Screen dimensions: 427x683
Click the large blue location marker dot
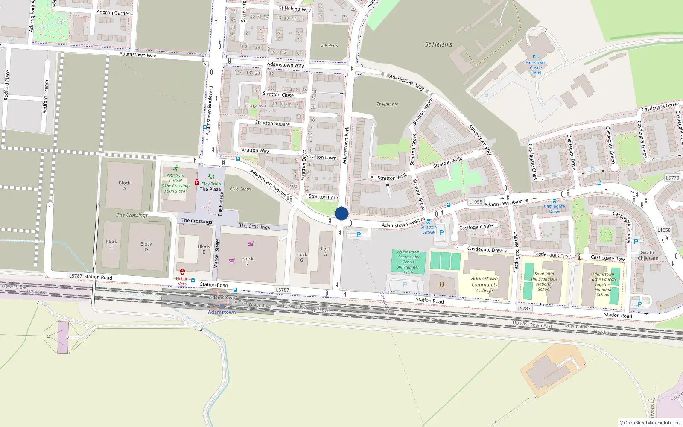[341, 213]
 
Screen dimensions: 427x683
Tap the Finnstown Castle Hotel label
[536, 68]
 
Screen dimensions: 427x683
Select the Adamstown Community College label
[485, 284]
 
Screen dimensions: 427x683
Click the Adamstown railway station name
[222, 312]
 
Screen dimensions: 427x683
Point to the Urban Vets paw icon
[182, 272]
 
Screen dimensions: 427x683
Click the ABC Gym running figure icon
[175, 169]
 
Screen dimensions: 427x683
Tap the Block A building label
[125, 186]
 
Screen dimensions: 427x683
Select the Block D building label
[146, 246]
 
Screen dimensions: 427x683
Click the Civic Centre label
[241, 189]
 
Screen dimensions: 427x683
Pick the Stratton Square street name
[272, 123]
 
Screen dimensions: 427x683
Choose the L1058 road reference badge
[476, 202]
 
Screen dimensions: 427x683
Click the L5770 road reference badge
[672, 178]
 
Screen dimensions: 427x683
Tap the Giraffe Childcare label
[648, 255]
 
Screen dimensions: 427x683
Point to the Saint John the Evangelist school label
[544, 281]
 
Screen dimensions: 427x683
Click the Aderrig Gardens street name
[114, 12]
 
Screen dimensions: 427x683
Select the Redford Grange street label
[45, 96]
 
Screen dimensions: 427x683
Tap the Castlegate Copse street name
[552, 255]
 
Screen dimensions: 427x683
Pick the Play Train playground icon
[211, 177]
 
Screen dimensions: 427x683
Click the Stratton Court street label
[324, 197]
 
